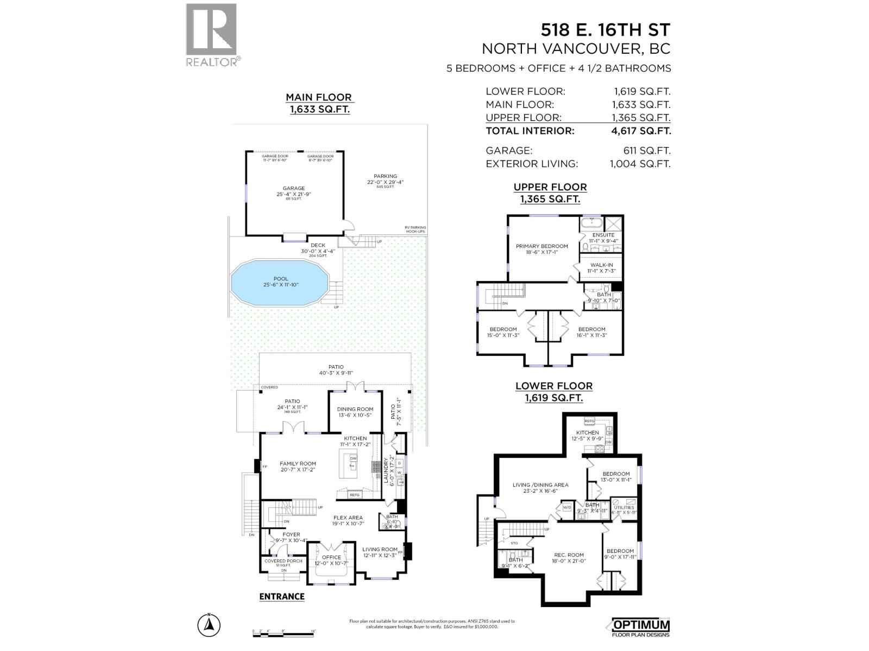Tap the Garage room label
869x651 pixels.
(294, 188)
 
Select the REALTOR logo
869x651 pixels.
(212, 35)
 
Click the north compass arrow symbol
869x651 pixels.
(208, 626)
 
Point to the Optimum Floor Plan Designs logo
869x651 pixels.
(641, 627)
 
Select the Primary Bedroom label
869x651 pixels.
(541, 246)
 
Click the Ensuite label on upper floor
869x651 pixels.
(603, 235)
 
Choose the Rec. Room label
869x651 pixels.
(569, 555)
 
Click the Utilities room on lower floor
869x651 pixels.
(624, 507)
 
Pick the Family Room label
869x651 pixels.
(298, 464)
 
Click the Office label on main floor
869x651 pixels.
(331, 557)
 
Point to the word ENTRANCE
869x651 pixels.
(282, 597)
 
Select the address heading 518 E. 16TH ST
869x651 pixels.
(604, 29)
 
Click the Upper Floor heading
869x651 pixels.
(550, 187)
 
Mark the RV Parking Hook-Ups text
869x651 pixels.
(415, 229)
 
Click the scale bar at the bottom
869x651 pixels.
(284, 631)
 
